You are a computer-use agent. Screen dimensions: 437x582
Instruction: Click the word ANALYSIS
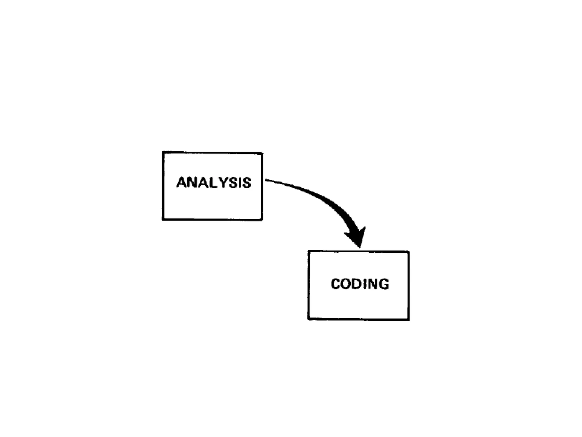[x=214, y=183]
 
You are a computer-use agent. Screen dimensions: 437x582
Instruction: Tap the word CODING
[x=360, y=284]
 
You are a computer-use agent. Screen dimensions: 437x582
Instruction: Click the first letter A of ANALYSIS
[x=182, y=183]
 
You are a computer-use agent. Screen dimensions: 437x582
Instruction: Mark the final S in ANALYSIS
[x=246, y=183]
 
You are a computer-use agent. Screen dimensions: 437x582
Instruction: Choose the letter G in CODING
[x=384, y=284]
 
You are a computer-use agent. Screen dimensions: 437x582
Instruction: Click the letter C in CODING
[x=336, y=284]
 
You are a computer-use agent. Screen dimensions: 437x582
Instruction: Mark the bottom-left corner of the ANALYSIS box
[x=163, y=219]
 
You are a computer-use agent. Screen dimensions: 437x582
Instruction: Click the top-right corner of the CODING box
[x=409, y=252]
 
